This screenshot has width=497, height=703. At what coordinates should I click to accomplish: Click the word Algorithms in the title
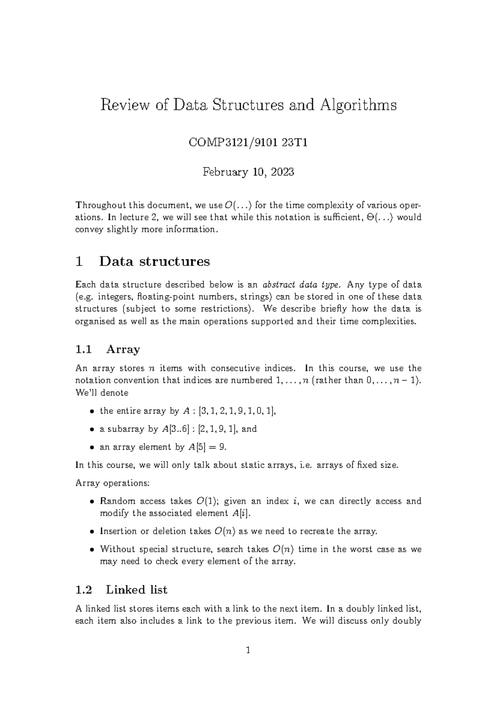pyautogui.click(x=358, y=105)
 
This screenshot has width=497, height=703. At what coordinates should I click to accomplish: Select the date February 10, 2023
pyautogui.click(x=248, y=172)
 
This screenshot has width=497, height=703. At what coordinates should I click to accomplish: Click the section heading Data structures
pyautogui.click(x=154, y=262)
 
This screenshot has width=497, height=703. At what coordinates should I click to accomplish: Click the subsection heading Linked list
pyautogui.click(x=136, y=589)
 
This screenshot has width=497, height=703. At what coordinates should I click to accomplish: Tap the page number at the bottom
pyautogui.click(x=248, y=650)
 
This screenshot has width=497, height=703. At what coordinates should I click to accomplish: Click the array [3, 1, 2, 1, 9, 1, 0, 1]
pyautogui.click(x=237, y=411)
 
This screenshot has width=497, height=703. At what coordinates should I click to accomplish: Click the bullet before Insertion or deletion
pyautogui.click(x=91, y=532)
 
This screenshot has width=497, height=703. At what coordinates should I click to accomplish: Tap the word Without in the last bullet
pyautogui.click(x=115, y=549)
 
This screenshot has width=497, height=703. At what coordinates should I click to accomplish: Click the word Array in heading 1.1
pyautogui.click(x=123, y=349)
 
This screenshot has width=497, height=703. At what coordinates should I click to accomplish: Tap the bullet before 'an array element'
pyautogui.click(x=91, y=448)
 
